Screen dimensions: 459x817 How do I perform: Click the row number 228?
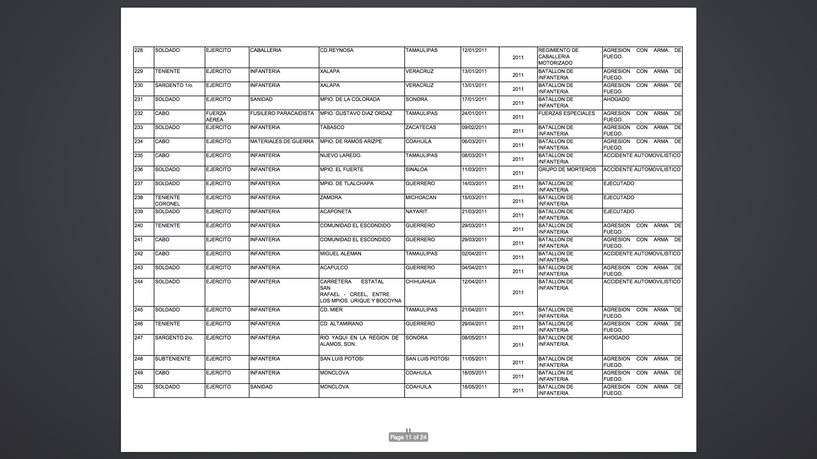139,50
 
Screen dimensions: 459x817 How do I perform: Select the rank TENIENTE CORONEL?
168,201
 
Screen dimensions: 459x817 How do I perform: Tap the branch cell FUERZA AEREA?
216,117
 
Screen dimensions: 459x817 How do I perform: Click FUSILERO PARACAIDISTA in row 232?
282,113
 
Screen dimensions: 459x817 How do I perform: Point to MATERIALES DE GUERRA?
282,142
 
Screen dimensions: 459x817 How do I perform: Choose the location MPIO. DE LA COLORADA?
350,99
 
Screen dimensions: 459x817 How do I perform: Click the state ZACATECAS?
421,127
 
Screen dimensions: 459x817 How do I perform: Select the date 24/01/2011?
474,113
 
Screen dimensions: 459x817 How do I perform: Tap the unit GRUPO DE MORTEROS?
567,170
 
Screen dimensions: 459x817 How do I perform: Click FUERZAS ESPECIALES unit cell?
566,113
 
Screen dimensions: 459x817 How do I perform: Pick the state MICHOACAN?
421,198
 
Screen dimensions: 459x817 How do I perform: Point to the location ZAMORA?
331,198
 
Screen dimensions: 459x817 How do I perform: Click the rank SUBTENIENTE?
173,359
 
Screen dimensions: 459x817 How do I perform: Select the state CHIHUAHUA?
420,282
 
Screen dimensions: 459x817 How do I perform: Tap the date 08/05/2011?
474,338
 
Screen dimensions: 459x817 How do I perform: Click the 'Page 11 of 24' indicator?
408,437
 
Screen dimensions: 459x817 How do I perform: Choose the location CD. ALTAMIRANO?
341,324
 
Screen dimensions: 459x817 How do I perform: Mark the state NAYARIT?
416,212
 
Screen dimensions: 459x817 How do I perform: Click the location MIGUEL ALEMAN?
341,254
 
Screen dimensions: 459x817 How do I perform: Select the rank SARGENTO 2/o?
174,338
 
